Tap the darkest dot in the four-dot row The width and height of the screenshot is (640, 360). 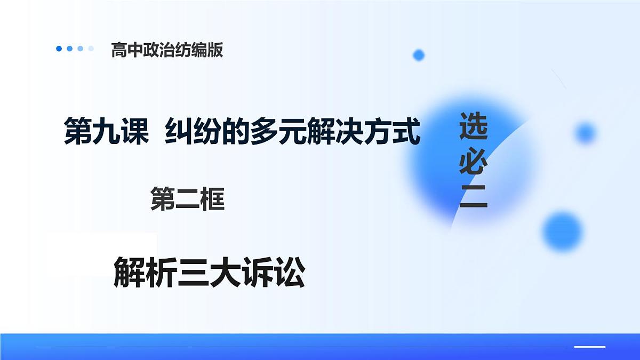coord(59,49)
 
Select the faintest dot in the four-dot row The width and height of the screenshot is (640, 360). coord(91,49)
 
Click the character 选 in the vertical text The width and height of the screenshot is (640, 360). coord(474,126)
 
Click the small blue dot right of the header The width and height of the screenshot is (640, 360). coord(419,55)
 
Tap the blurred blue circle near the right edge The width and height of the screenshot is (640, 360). coord(585,132)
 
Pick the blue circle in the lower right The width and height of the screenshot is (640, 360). coord(563,231)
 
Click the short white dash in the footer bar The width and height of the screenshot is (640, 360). coord(589,347)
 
